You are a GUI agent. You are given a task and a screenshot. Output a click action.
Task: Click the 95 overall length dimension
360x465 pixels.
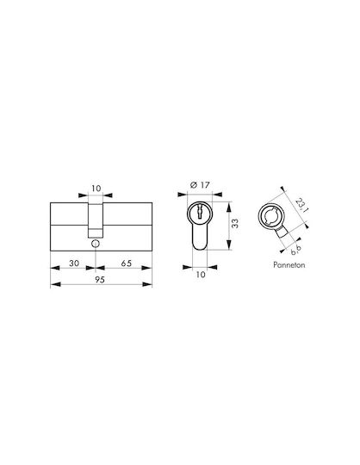(100, 280)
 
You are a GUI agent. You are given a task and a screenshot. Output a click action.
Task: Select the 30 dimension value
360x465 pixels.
(74, 263)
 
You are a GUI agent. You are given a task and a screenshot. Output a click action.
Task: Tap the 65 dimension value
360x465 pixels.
(127, 263)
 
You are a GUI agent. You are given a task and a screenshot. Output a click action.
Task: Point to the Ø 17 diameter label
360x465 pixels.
(199, 185)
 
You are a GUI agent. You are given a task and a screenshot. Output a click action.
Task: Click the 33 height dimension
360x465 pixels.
(235, 223)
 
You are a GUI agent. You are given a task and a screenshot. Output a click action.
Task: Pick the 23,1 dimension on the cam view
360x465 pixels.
(301, 205)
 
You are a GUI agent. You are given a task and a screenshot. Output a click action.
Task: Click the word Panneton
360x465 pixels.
(289, 264)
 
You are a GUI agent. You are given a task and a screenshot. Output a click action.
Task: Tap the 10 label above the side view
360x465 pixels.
(96, 189)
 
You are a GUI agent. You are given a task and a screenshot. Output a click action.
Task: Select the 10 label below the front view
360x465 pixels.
(201, 275)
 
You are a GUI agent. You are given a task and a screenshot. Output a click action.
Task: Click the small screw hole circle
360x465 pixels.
(96, 244)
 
